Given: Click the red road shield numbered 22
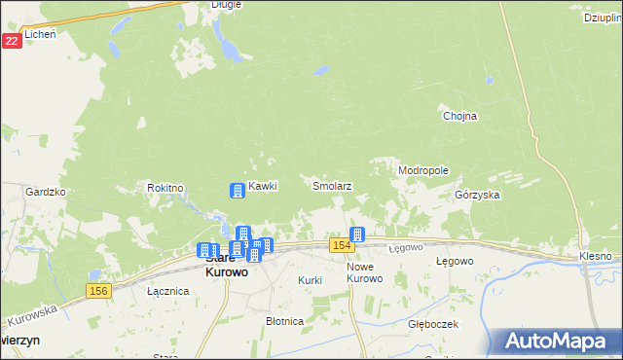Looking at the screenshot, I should (12, 41).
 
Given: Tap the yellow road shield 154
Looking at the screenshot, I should (340, 245).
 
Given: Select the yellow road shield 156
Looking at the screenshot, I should (96, 291).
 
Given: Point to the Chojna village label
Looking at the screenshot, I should (459, 116).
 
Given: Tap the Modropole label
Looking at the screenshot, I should (422, 170).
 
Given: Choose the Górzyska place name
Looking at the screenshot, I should (477, 195).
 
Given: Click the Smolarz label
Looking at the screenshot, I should (331, 185).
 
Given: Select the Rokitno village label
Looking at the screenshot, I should (165, 187).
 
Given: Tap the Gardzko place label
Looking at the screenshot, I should (46, 192).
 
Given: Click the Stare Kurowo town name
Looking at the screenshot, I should (225, 266).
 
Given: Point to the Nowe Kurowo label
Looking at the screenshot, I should (366, 272).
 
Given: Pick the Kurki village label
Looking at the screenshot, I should (310, 280).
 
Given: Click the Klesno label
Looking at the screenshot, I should (595, 256).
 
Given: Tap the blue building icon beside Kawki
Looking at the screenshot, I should (237, 190).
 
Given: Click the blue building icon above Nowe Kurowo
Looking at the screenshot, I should (357, 234).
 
